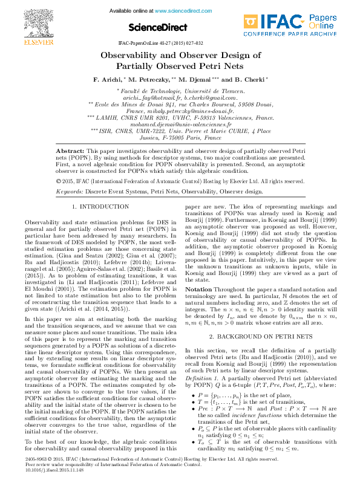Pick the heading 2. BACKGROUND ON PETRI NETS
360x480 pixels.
tap(260, 336)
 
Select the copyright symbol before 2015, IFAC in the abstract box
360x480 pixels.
tap(59, 181)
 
